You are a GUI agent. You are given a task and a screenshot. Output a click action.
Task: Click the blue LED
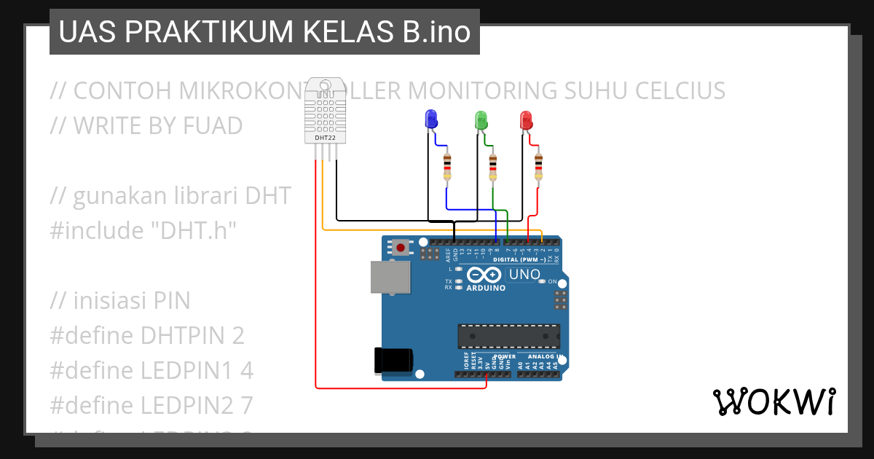point(430,119)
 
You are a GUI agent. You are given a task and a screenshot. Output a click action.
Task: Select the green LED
point(481,119)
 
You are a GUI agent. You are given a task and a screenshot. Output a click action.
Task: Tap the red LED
point(526,119)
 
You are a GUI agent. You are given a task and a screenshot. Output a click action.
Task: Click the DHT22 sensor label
point(325,137)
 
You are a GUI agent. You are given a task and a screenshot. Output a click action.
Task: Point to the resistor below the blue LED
point(447,167)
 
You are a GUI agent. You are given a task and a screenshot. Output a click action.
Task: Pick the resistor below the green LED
point(493,167)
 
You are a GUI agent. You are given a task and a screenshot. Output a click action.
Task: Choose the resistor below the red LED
point(538,167)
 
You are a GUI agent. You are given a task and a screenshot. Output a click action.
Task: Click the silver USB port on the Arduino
point(390,278)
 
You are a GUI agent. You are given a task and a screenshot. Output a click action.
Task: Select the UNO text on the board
point(524,275)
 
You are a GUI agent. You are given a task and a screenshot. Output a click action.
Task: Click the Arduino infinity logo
point(484,275)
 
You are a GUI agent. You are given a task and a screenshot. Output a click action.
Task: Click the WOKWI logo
point(773,401)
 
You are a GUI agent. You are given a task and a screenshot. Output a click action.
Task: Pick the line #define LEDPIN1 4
point(151,371)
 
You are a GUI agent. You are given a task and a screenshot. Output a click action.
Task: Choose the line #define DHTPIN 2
point(147,336)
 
